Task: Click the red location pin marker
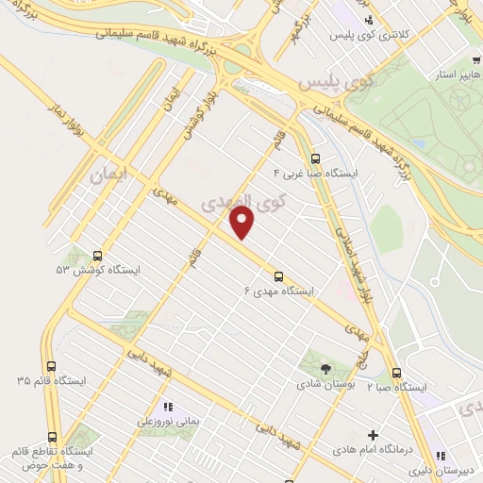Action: (x=243, y=223)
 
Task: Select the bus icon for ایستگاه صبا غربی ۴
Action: (x=314, y=159)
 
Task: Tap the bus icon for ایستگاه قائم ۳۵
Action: (x=50, y=366)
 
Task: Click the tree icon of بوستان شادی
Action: (x=325, y=369)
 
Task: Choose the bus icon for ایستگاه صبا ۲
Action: (x=396, y=373)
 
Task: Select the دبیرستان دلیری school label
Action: (x=447, y=469)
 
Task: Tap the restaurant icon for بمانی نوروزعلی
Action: (x=169, y=408)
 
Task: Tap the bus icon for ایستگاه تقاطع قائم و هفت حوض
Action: (x=50, y=438)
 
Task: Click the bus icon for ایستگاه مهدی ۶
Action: (x=278, y=276)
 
